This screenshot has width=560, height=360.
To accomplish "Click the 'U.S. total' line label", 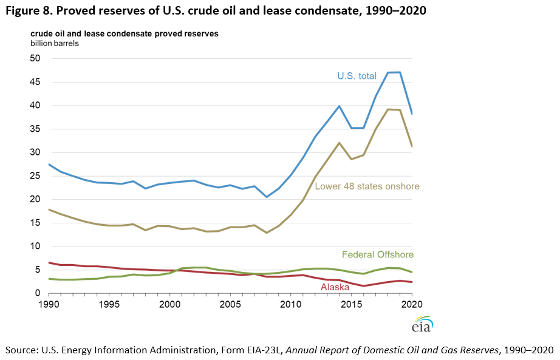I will (x=357, y=76).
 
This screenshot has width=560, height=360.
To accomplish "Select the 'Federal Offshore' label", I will (x=377, y=254).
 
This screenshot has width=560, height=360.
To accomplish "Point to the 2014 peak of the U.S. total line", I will (x=339, y=106).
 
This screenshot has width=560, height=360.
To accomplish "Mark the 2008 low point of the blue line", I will (x=267, y=197).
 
